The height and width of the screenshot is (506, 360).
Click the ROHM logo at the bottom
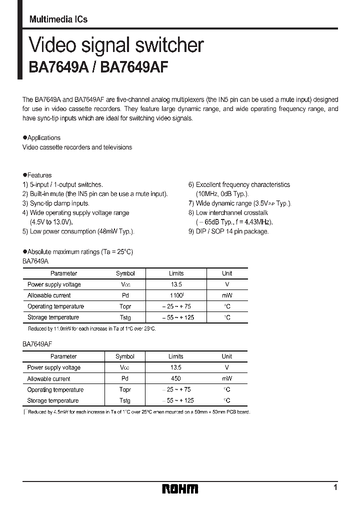pos(180,489)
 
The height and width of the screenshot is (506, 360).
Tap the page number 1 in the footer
pos(335,487)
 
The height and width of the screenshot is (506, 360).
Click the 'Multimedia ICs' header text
pos(58,19)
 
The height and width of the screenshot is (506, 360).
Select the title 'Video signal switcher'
pos(116,45)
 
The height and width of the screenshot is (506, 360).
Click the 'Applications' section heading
pos(43,138)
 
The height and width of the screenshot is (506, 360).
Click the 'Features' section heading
pos(39,175)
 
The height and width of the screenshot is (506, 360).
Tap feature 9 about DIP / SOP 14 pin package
pos(228,231)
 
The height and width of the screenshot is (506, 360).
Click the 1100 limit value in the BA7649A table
pos(175,295)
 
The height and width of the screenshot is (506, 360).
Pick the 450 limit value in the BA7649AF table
pos(175,378)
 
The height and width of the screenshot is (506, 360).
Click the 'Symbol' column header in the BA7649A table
pos(125,273)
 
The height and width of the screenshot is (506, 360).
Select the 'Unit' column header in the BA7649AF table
pos(227,356)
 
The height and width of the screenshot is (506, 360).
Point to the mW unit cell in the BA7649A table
pos(227,295)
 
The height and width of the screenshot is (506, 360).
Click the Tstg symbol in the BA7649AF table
pos(125,400)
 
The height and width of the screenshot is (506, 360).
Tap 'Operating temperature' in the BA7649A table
pos(55,306)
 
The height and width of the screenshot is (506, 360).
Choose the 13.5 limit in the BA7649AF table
pos(175,367)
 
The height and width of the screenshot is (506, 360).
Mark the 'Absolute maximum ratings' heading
pos(80,252)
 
